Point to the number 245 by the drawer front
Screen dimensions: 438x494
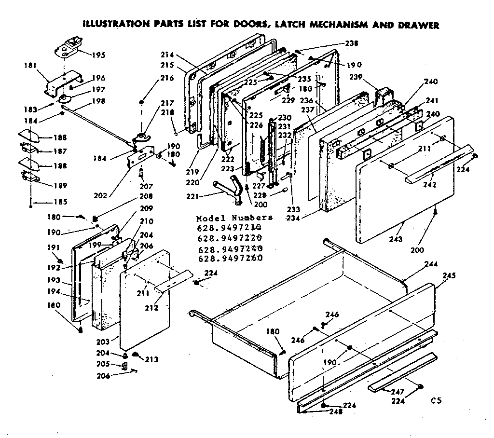coord(449,276)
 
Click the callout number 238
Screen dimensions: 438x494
coord(352,43)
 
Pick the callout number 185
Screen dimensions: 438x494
coord(46,202)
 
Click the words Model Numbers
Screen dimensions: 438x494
coord(234,218)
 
